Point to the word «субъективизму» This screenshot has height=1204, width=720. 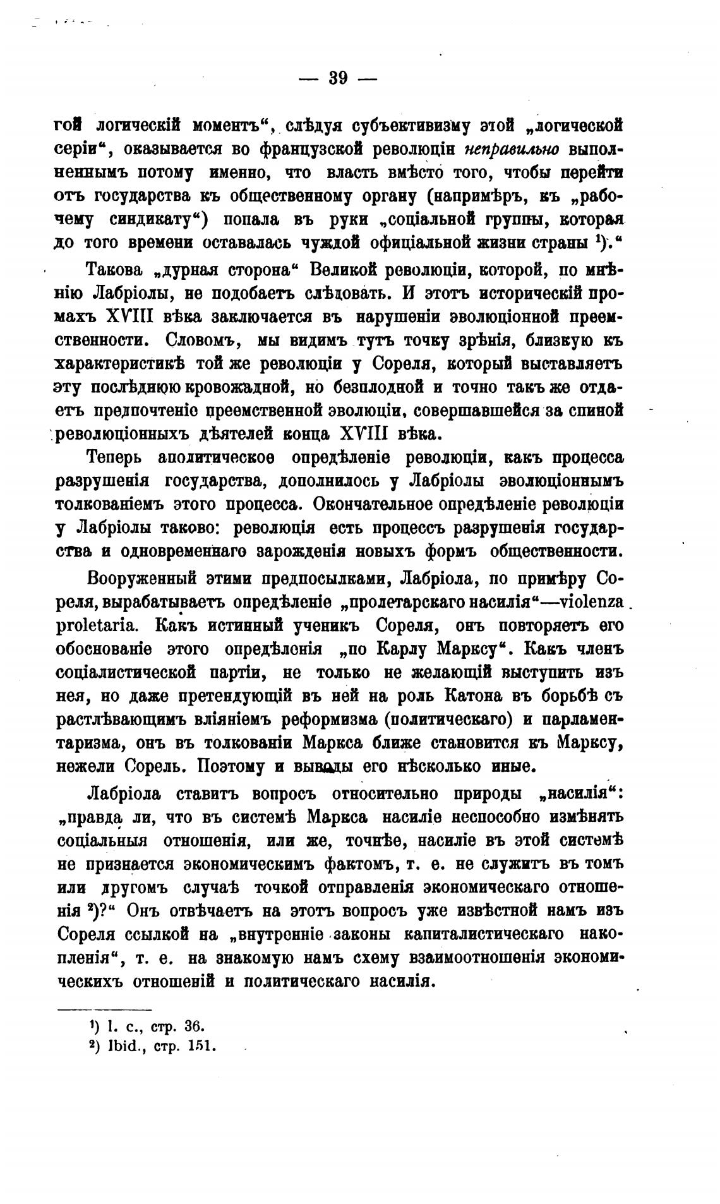coord(417,124)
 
